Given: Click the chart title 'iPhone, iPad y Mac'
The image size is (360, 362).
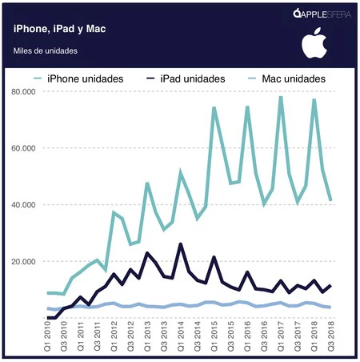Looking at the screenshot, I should [60, 29].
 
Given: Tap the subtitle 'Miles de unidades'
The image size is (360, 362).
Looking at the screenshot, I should [46, 52].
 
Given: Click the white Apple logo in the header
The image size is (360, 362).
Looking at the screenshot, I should [313, 44].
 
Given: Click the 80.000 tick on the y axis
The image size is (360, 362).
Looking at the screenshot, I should [26, 92].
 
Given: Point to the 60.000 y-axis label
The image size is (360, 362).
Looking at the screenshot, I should [26, 148].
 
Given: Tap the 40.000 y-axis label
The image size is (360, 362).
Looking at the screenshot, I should [26, 205].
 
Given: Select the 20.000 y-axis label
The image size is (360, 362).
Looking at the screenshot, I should [26, 261].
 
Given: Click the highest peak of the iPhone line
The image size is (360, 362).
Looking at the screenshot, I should [281, 97].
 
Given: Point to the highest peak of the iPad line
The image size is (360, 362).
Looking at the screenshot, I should [181, 243].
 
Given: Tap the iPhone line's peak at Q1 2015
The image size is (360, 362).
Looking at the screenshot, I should [214, 107].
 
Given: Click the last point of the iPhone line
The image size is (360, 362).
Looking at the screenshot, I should [330, 200].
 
